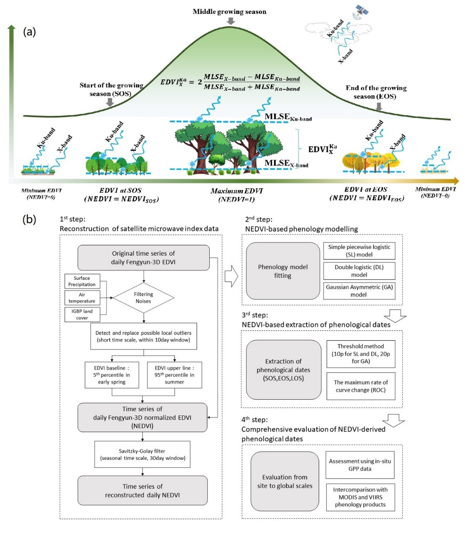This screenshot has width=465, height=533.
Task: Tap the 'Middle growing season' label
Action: (230, 11)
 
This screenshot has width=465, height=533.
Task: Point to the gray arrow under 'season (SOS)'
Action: (110, 102)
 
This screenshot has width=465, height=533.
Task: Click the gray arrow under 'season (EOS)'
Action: (379, 106)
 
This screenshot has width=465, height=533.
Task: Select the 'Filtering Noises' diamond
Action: (143, 298)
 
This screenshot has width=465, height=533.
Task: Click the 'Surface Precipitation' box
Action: (82, 281)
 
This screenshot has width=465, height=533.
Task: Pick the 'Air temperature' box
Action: (82, 298)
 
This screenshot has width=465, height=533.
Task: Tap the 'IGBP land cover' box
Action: (82, 314)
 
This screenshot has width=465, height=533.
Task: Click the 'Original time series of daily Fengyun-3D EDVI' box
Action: (143, 258)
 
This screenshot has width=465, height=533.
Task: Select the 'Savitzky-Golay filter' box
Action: (142, 455)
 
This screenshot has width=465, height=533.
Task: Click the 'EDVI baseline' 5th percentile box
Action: (112, 375)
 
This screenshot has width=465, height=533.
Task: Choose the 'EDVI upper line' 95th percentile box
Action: (174, 375)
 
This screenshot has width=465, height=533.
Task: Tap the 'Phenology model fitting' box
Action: (283, 271)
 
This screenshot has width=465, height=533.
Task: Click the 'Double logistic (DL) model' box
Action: (359, 271)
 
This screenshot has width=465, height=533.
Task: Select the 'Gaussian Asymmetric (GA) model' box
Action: (359, 291)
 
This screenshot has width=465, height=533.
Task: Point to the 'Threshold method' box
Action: (361, 353)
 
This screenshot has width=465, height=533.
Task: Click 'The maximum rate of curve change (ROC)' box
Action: (361, 386)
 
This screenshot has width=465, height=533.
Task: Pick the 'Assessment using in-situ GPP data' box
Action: (360, 465)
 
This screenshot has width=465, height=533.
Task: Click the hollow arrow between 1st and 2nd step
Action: (231, 276)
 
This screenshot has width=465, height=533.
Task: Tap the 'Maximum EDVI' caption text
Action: (237, 191)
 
